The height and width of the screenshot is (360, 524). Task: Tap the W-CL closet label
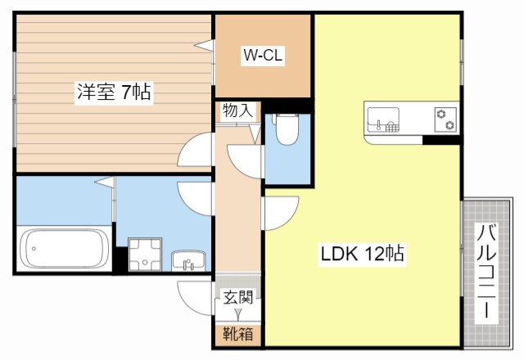click(x=262, y=56)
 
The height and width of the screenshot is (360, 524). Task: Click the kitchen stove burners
click(x=446, y=119)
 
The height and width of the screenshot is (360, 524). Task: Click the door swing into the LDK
click(x=277, y=214)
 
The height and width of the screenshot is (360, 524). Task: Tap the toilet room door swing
click(x=245, y=157)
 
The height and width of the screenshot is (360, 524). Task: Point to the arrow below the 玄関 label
click(x=238, y=314)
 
